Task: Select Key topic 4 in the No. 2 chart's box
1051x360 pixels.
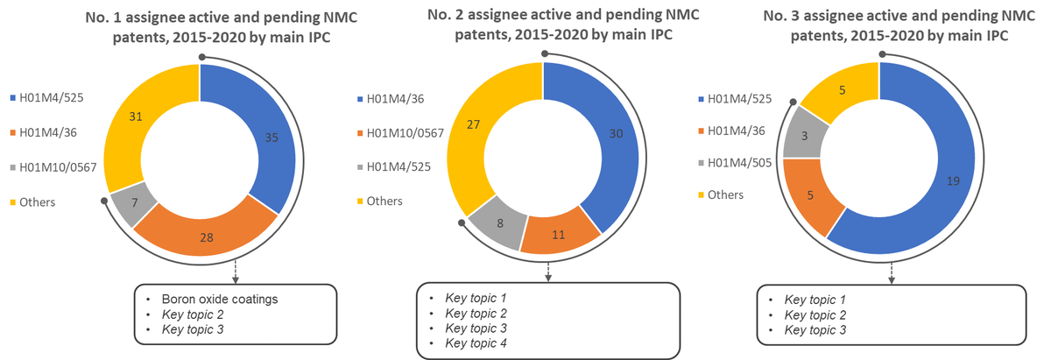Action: (478, 342)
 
